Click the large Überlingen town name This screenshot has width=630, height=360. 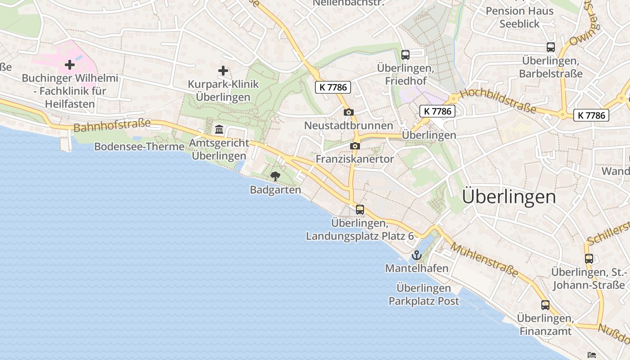pyautogui.click(x=508, y=197)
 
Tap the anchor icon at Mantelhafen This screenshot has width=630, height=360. pyautogui.click(x=417, y=256)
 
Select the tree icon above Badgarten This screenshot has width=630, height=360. pyautogui.click(x=275, y=176)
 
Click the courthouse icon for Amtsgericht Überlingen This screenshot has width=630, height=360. pyautogui.click(x=219, y=130)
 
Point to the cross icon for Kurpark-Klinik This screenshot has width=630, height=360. pyautogui.click(x=223, y=71)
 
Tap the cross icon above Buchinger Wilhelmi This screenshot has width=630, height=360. pyautogui.click(x=70, y=65)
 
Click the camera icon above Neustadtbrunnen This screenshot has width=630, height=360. pyautogui.click(x=348, y=112)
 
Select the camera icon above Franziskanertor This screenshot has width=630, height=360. pyautogui.click(x=355, y=146)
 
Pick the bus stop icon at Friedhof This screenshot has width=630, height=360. pyautogui.click(x=405, y=55)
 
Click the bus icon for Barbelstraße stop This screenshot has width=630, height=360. pyautogui.click(x=551, y=47)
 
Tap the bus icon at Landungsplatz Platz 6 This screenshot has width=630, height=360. pyautogui.click(x=360, y=209)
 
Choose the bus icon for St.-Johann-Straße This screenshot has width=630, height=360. pyautogui.click(x=589, y=258)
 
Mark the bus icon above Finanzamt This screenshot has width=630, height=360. pyautogui.click(x=545, y=305)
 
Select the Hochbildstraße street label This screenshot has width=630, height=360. pyautogui.click(x=498, y=101)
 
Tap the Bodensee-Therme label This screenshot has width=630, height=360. pyautogui.click(x=139, y=147)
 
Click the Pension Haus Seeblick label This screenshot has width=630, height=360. pyautogui.click(x=519, y=17)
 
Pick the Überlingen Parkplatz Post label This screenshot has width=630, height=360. pyautogui.click(x=424, y=294)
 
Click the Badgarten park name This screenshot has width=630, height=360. pyautogui.click(x=275, y=190)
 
